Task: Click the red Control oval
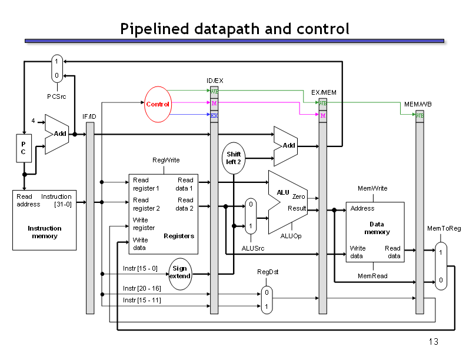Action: [x=158, y=104]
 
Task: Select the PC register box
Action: [x=24, y=148]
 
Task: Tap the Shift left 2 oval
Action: [x=234, y=158]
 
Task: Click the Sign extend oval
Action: [x=180, y=274]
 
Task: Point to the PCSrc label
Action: [x=56, y=96]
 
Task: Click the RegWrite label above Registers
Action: [x=166, y=160]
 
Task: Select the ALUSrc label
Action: [x=253, y=248]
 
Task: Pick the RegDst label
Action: [x=268, y=272]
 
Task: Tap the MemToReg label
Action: [x=444, y=228]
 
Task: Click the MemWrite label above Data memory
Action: [x=372, y=188]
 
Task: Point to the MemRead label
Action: [x=372, y=276]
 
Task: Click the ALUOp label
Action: [x=291, y=236]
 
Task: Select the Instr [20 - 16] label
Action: [x=142, y=288]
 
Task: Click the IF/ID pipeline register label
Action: [x=89, y=116]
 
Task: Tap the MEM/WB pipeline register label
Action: [x=418, y=104]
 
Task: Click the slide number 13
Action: [x=433, y=342]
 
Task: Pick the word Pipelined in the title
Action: [x=155, y=29]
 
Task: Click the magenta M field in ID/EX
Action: [x=214, y=103]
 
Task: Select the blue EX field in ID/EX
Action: [x=214, y=115]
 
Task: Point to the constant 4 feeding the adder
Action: [x=33, y=121]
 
